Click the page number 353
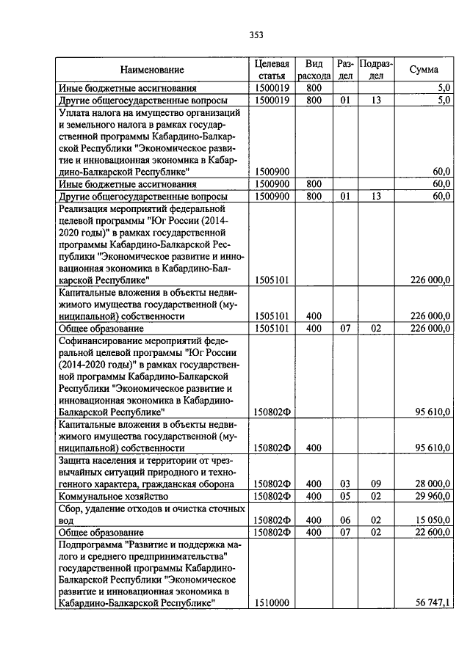256,34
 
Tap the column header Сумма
424,70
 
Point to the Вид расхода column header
314,70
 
